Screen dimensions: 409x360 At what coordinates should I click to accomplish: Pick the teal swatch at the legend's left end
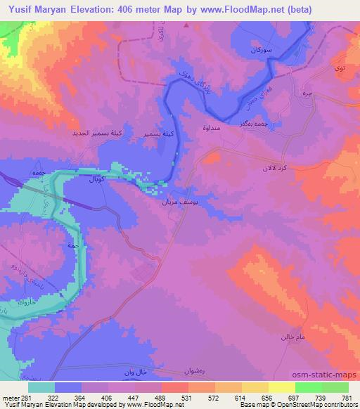click(x=41, y=387)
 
